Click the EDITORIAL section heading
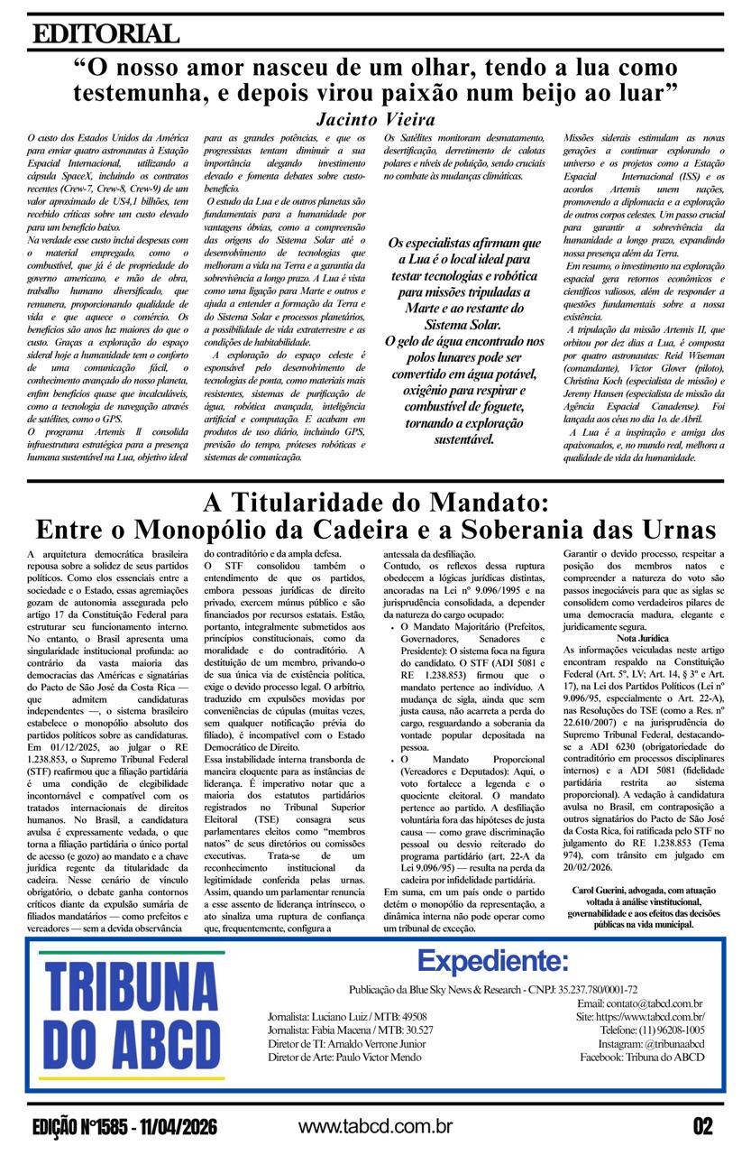point(105,34)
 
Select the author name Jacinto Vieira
point(376,119)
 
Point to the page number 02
point(702,1126)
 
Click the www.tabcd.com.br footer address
point(375,1126)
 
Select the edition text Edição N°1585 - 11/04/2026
point(124,1127)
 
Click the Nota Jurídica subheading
point(643,638)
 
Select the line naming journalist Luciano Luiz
point(347,1016)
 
